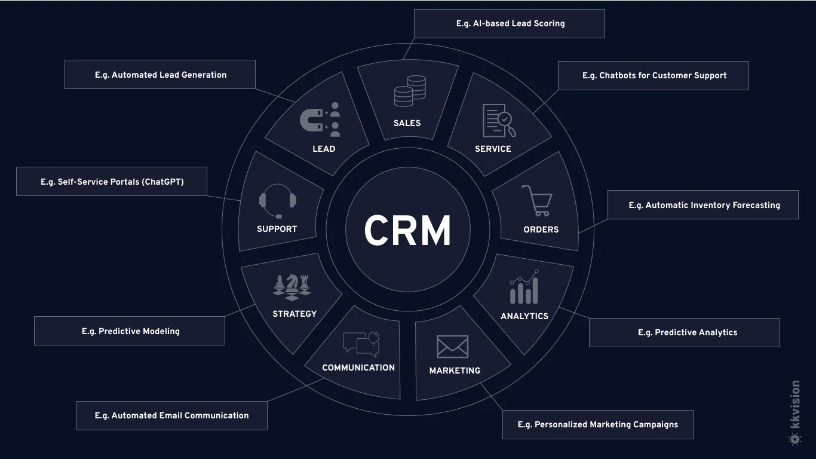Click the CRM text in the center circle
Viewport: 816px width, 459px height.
pos(407,231)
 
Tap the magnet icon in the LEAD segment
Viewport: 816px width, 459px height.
pos(312,120)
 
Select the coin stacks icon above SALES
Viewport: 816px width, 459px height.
pos(410,91)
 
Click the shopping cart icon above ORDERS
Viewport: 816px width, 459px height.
pos(536,201)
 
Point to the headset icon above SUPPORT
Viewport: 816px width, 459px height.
pos(277,200)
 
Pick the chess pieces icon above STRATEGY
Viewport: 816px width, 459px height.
pos(292,287)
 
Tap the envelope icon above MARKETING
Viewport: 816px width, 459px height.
pos(452,347)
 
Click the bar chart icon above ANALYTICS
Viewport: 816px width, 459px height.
pos(524,287)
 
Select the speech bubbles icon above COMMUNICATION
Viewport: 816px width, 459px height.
pos(361,344)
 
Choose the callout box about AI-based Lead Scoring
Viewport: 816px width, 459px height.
pos(510,24)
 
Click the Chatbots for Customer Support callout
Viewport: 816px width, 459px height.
pos(654,75)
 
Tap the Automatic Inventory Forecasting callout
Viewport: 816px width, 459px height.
pos(703,205)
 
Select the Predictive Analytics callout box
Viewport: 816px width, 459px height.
pos(685,332)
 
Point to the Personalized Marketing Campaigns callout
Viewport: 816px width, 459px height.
pos(597,424)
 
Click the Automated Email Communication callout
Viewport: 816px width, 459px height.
pos(171,415)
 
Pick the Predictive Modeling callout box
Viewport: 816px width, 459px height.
pos(130,331)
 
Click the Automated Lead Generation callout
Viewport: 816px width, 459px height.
pos(160,75)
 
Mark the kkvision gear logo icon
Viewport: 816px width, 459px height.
pos(794,439)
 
